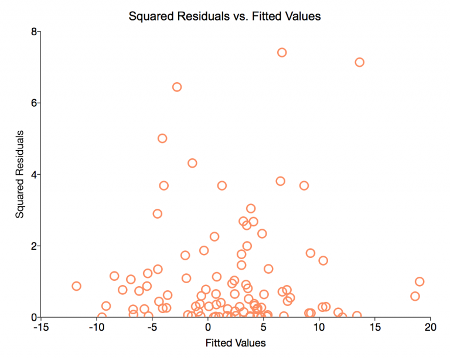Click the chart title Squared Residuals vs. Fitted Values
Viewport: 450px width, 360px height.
[225, 16]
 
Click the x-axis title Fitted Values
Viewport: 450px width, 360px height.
[236, 342]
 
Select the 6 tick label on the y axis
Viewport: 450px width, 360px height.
[33, 103]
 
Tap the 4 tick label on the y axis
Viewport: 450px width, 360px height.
[33, 174]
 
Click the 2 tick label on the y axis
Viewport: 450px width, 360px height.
[33, 246]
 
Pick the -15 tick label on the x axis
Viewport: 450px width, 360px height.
[40, 326]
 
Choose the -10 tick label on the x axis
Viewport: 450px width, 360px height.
[96, 326]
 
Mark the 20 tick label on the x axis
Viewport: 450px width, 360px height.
[431, 326]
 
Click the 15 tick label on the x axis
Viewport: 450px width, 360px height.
[375, 326]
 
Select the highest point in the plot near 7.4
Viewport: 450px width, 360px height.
[282, 52]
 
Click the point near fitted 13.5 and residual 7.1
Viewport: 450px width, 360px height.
[360, 62]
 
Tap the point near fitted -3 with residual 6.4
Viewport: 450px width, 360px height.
[177, 87]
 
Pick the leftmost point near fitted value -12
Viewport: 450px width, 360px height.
[76, 286]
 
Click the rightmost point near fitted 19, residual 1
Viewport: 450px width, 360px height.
[420, 281]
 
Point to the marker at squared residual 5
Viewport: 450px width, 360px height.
[162, 138]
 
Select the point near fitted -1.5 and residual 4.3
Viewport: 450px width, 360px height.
[192, 163]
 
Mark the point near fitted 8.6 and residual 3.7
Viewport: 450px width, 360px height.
[304, 185]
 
